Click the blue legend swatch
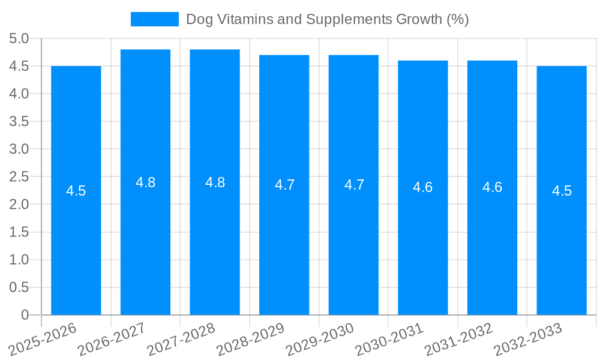pyautogui.click(x=155, y=19)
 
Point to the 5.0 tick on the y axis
pyautogui.click(x=19, y=39)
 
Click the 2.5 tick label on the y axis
pyautogui.click(x=19, y=177)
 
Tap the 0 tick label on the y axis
pyautogui.click(x=25, y=315)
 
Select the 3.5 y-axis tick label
pyautogui.click(x=19, y=122)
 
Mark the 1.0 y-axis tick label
pyautogui.click(x=19, y=260)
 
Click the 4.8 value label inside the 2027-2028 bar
pyautogui.click(x=215, y=183)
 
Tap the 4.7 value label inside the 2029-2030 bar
pyautogui.click(x=354, y=185)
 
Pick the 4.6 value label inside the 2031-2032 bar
pyautogui.click(x=492, y=187)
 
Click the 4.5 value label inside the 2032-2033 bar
pyautogui.click(x=562, y=191)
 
